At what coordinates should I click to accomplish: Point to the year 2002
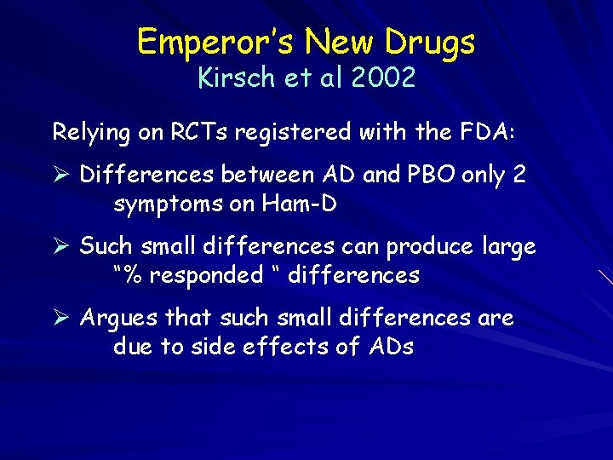(x=381, y=78)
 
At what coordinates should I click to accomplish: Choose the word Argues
(x=119, y=319)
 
